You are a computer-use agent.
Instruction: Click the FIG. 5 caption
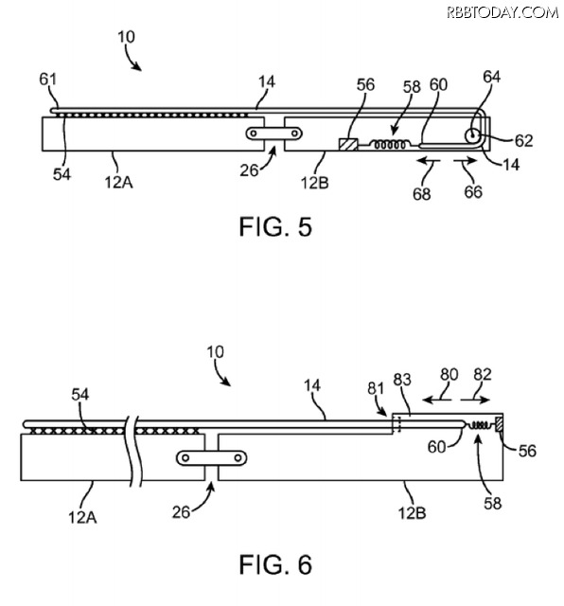coord(275,226)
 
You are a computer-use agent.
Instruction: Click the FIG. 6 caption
coord(275,564)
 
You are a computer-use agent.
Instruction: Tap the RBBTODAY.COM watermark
coord(502,12)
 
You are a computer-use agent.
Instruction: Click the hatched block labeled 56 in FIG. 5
coord(348,144)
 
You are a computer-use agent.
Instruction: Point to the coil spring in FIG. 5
coord(388,145)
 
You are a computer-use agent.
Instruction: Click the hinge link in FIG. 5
coord(273,134)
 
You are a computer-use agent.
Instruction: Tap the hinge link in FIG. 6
coord(212,458)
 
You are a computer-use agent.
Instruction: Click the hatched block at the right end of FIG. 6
coord(499,423)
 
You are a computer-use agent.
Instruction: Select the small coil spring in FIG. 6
coord(479,425)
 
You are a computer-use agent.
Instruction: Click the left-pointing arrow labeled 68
coord(429,161)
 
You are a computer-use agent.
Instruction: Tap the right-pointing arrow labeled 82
coord(476,400)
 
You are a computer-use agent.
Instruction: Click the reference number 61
coord(48,80)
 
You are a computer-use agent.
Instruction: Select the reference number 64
coord(492,77)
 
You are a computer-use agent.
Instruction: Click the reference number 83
coord(402,380)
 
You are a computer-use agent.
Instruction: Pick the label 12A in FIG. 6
coord(82,517)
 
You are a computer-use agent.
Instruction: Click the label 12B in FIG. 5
coord(315,183)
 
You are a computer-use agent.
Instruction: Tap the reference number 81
coord(376,388)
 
